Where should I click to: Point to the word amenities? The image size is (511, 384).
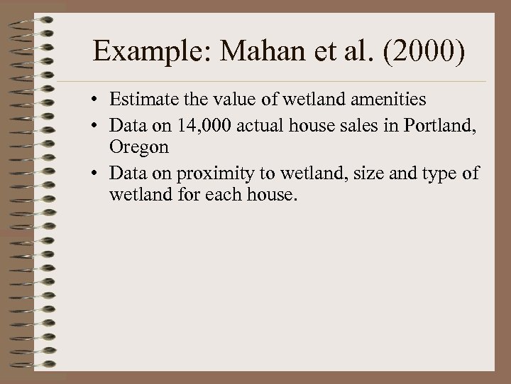[x=385, y=101]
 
